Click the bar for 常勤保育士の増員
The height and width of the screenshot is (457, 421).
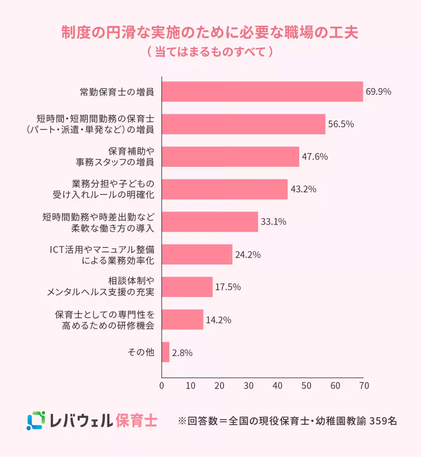click(262, 92)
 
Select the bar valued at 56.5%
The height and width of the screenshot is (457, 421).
click(243, 124)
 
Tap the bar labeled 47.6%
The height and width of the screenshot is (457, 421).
click(230, 157)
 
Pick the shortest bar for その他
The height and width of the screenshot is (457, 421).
click(166, 352)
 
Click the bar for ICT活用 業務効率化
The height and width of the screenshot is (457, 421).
click(197, 254)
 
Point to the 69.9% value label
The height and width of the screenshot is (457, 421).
click(378, 92)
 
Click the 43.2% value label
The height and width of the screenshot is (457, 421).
click(303, 189)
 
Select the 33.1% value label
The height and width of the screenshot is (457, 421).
click(273, 222)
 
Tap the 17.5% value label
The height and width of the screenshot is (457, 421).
click(228, 287)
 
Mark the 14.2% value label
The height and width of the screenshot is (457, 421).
click(218, 320)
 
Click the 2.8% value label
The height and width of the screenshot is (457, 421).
click(182, 353)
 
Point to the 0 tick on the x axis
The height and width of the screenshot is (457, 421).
click(162, 386)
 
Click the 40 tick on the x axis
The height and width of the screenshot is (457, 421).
click(277, 386)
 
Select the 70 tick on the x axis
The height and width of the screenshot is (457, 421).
click(364, 386)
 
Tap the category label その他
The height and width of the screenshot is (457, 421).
click(141, 352)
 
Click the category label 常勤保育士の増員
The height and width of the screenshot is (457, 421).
click(117, 92)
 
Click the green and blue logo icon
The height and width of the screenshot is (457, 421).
click(36, 420)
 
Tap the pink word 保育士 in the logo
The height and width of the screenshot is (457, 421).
click(136, 421)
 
